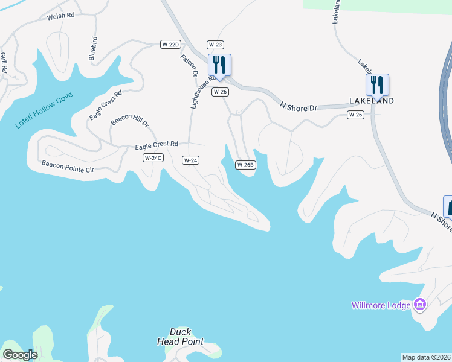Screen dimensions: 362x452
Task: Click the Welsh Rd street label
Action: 60,17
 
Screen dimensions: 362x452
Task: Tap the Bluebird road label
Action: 93,48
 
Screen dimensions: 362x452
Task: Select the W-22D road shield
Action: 171,45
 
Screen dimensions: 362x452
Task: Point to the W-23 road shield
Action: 215,45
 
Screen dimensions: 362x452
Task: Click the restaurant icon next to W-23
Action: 220,65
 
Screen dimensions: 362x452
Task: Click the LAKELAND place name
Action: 372,101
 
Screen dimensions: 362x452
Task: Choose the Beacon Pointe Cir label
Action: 68,167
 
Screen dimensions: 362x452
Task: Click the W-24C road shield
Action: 153,158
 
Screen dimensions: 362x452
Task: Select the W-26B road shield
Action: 245,165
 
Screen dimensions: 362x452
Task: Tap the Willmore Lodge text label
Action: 381,305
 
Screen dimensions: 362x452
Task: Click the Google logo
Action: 20,355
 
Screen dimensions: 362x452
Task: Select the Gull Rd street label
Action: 4,63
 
